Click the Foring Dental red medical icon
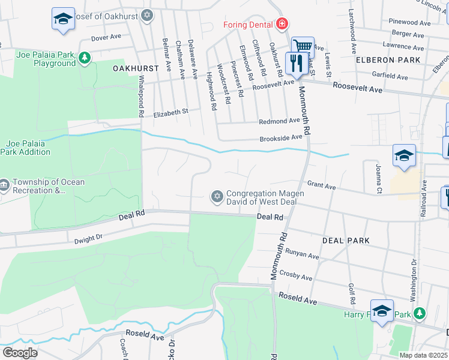[x=282, y=25]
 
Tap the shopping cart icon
[x=303, y=46]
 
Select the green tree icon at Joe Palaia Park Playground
[x=85, y=58]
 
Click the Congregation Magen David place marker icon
[x=217, y=196]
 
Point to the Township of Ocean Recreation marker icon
[x=4, y=183]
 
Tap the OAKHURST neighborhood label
[x=135, y=68]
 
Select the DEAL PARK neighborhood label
[x=345, y=240]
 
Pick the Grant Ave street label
[x=321, y=186]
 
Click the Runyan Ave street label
[x=302, y=254]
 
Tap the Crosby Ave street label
[x=299, y=277]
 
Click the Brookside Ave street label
[x=280, y=138]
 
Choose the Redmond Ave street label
[x=279, y=121]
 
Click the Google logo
[x=19, y=353]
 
